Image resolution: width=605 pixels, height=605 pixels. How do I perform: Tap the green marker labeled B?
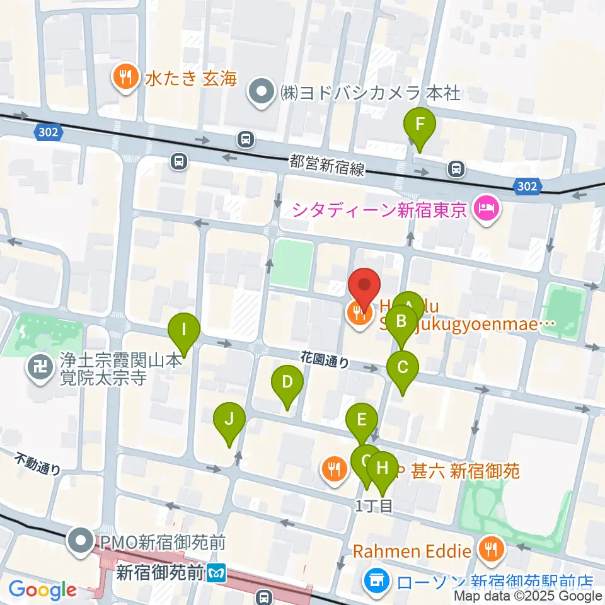[401, 323]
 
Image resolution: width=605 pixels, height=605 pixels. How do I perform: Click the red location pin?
[365, 287]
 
